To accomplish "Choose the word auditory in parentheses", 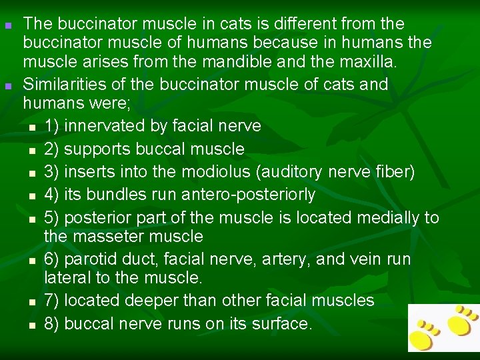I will (277, 172).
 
